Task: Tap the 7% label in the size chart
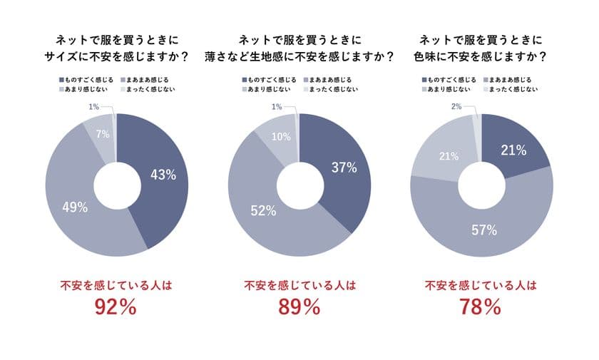coord(101,133)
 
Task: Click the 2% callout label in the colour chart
coord(456,106)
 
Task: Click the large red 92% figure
coord(116,307)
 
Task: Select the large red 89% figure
coord(299,307)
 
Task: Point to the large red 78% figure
coord(481,307)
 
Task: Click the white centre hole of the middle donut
coord(299,185)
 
